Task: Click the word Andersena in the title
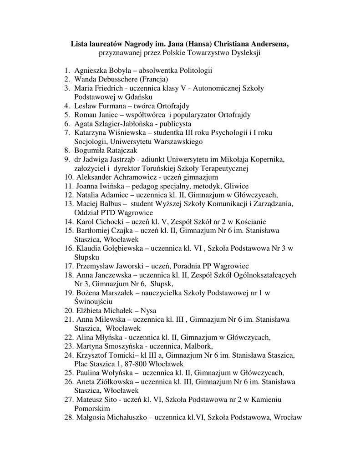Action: [x=265, y=44]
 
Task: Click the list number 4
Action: [x=66, y=106]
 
